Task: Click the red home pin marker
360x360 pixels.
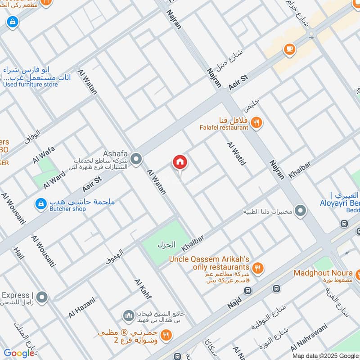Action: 180,162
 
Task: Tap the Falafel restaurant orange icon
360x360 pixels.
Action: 256,122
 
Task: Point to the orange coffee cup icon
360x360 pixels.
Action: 289,49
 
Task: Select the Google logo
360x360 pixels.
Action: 19,353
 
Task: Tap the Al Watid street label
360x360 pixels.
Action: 236,153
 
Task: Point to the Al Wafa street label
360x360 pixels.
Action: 43,154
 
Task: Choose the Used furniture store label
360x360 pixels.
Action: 31,84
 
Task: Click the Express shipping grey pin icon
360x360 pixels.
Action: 42,297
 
